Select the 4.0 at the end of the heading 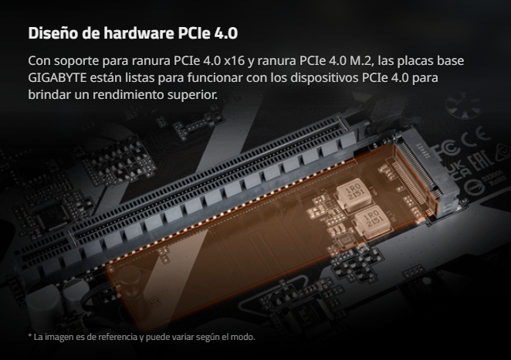pyautogui.click(x=226, y=33)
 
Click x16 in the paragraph pyautogui.click(x=234, y=61)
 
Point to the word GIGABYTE pyautogui.click(x=57, y=78)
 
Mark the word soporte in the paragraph pyautogui.click(x=76, y=61)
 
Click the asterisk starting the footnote pyautogui.click(x=30, y=335)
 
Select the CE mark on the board pyautogui.click(x=477, y=137)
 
